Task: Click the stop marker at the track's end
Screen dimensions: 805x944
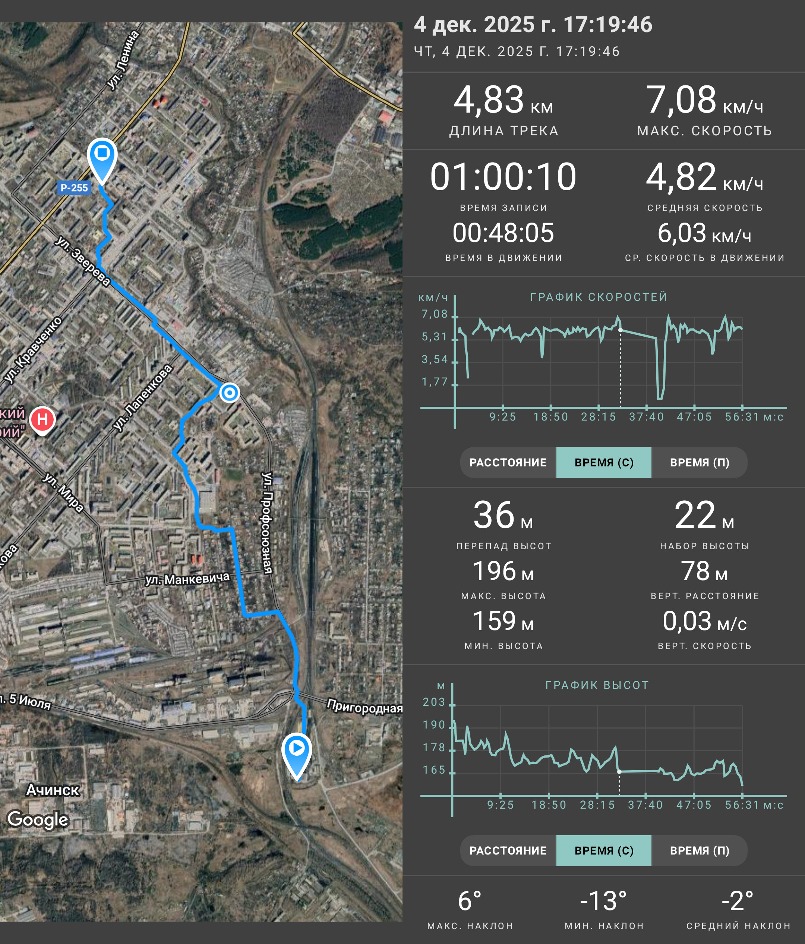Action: [x=102, y=160]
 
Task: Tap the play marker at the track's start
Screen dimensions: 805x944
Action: [x=296, y=755]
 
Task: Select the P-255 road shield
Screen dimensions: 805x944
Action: [x=74, y=188]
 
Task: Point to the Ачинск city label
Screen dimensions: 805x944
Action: [x=53, y=790]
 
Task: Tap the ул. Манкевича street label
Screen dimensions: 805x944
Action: [x=187, y=579]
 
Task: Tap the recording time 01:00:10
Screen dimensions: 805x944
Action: [x=503, y=177]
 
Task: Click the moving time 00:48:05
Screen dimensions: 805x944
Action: [x=503, y=233]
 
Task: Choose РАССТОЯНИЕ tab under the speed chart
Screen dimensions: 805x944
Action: [x=508, y=462]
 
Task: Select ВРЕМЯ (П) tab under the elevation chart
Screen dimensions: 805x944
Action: [x=700, y=850]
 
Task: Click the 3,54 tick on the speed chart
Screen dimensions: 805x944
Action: [x=435, y=359]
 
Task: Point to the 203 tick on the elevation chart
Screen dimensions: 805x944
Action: [x=434, y=702]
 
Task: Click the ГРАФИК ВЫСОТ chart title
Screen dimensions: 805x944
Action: [x=597, y=685]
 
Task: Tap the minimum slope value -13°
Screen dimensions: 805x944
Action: [x=603, y=901]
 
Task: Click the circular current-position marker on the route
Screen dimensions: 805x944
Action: [x=230, y=392]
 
